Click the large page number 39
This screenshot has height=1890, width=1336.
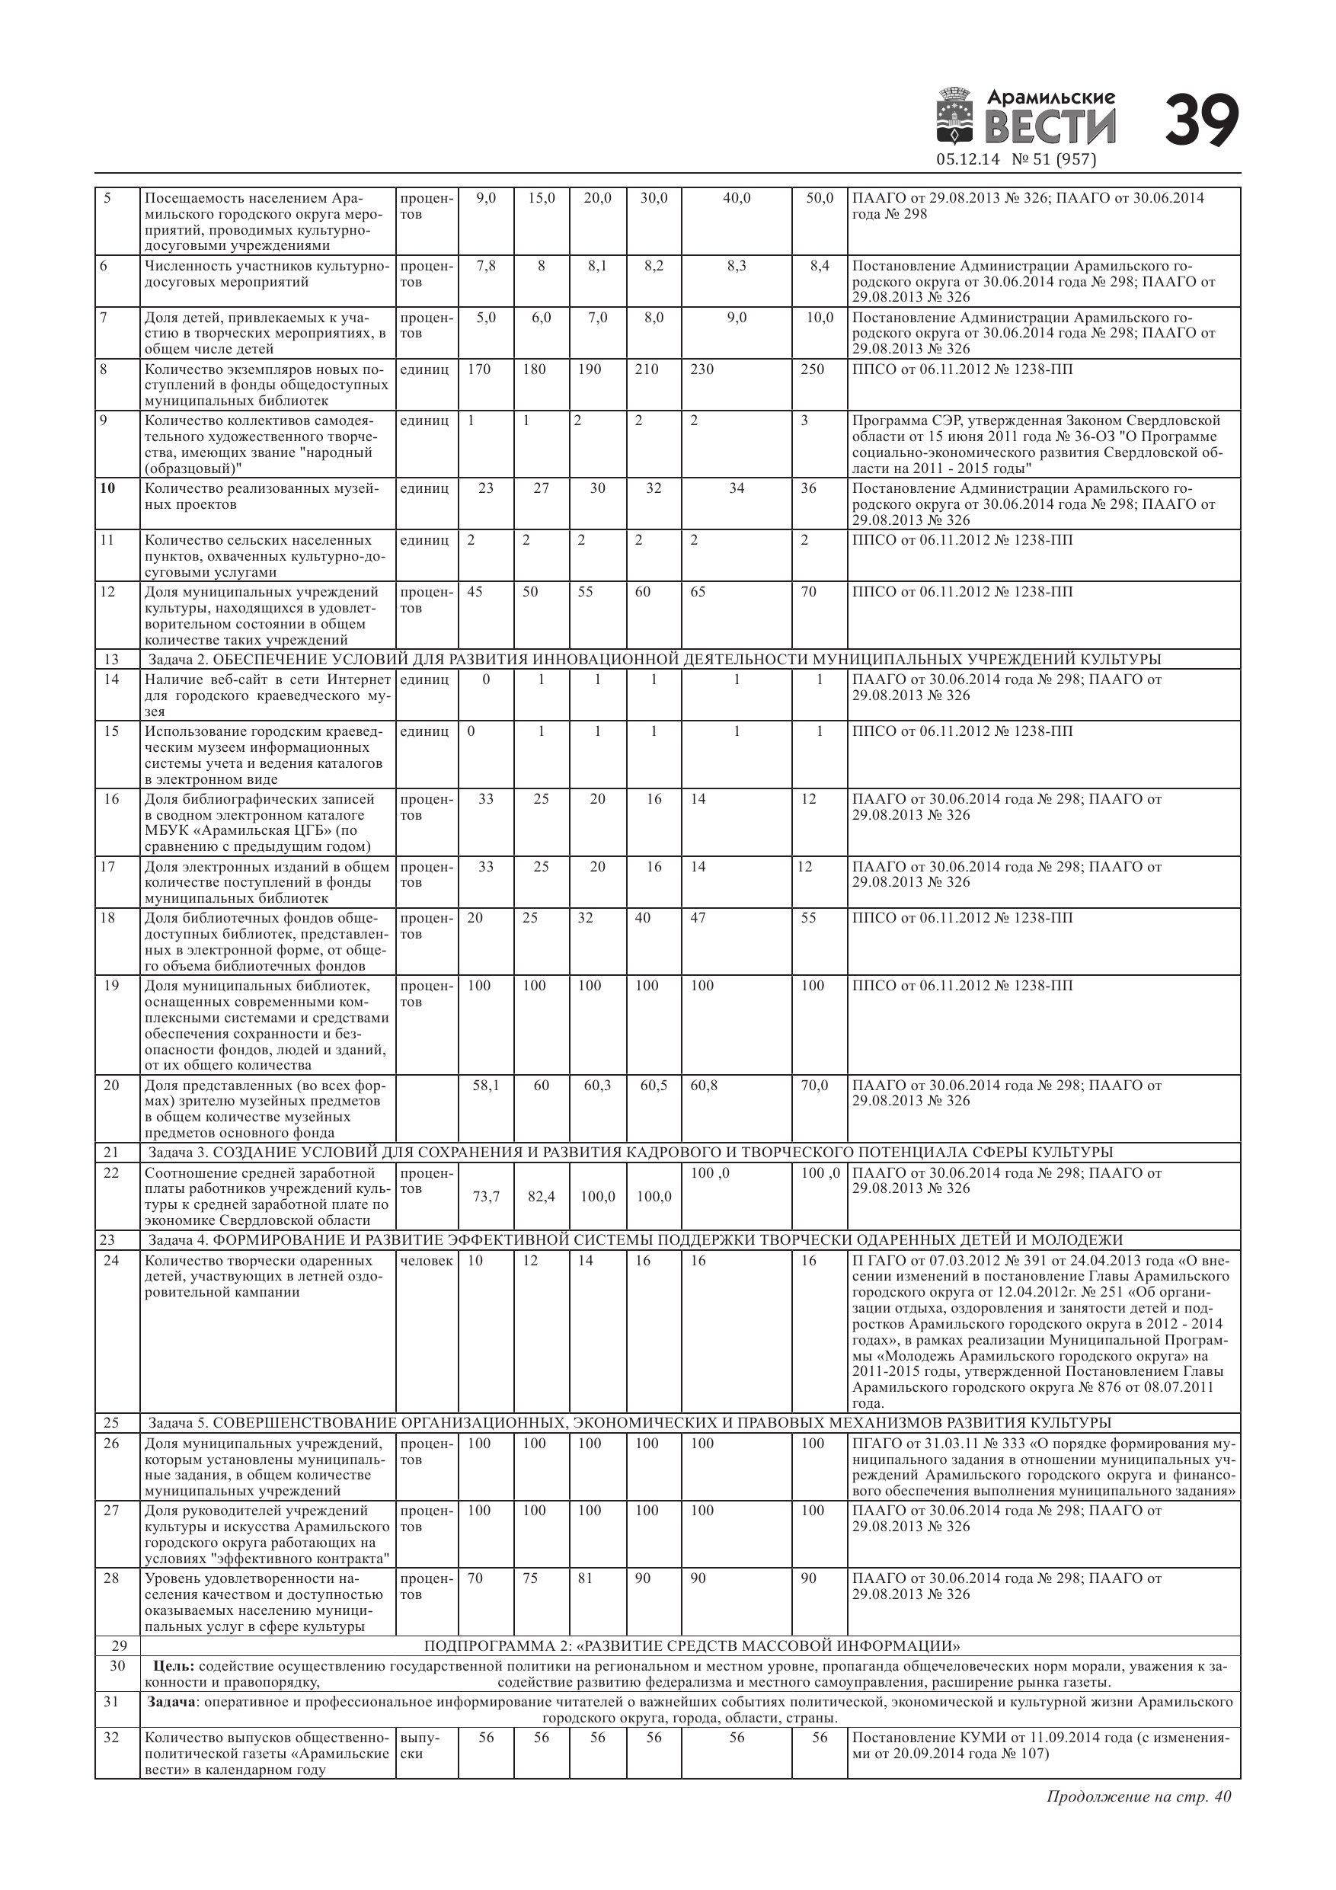coord(1201,121)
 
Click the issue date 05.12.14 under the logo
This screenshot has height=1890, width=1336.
coord(967,160)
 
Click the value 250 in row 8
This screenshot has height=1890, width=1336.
coord(812,369)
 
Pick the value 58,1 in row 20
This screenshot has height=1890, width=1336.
coord(486,1086)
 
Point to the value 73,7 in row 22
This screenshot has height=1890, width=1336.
coord(486,1196)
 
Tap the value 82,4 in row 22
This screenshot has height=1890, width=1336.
coord(541,1196)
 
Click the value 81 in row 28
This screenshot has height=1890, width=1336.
coord(585,1578)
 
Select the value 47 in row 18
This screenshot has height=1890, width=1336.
coord(698,918)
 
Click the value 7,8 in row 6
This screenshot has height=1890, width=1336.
coord(486,266)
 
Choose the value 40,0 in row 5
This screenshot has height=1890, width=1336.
coord(736,198)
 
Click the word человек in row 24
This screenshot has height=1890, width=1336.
coord(426,1261)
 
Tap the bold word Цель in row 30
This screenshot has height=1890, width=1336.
coord(174,1666)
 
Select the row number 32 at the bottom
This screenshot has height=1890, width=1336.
coord(111,1738)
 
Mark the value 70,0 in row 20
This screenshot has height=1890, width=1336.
coord(814,1086)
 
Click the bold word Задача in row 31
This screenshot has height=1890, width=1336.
coord(171,1702)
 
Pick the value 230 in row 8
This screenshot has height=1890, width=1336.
coord(702,369)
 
